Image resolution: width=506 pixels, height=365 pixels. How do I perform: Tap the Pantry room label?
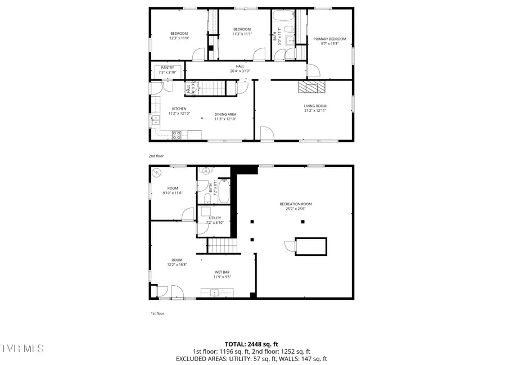click(x=168, y=67)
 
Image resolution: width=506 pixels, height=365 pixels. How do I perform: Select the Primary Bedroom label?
click(x=329, y=39)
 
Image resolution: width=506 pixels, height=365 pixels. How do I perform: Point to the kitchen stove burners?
click(x=176, y=135)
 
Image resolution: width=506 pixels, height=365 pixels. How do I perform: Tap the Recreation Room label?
click(x=295, y=204)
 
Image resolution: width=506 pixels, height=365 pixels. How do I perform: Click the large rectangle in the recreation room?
click(x=311, y=246)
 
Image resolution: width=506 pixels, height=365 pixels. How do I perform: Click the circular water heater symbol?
click(x=158, y=173)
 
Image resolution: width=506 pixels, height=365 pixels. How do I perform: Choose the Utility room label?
click(x=215, y=218)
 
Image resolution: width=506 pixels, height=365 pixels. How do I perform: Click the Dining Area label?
click(x=225, y=114)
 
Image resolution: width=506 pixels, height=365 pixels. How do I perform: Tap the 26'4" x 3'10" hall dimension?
click(x=240, y=71)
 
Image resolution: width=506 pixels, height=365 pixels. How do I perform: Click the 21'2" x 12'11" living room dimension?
click(x=315, y=110)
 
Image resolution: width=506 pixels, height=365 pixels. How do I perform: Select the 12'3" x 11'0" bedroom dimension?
click(x=179, y=38)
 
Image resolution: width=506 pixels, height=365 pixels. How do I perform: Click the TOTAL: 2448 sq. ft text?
click(x=251, y=344)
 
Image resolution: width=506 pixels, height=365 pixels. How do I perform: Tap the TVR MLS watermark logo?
click(x=22, y=349)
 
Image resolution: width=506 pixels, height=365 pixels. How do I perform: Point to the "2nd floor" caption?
click(x=156, y=156)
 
